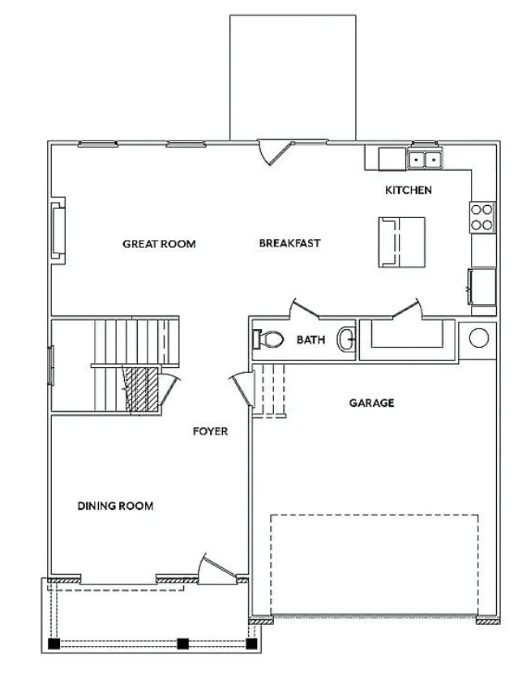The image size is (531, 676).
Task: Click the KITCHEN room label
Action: click(x=408, y=190)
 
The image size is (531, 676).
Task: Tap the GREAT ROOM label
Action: click(x=159, y=244)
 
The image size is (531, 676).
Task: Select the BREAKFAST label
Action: click(x=290, y=243)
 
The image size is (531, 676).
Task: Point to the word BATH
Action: click(x=310, y=340)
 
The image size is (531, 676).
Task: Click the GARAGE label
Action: click(x=371, y=403)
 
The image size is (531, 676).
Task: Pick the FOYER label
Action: click(x=210, y=431)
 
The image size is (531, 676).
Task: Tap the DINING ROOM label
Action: click(x=115, y=506)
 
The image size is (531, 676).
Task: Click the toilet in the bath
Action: click(x=268, y=340)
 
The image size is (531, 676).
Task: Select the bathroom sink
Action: click(x=345, y=340)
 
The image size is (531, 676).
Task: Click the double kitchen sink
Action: click(x=425, y=160)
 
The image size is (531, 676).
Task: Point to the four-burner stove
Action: click(x=482, y=217)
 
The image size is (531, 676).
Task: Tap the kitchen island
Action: click(x=401, y=242)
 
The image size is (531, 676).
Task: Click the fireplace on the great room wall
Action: click(x=58, y=231)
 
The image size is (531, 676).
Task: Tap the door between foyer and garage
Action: click(x=242, y=389)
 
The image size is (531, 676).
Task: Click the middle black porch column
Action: click(x=183, y=644)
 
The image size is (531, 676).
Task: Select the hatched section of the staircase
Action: click(x=141, y=389)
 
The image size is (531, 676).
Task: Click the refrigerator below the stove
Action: click(x=482, y=286)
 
